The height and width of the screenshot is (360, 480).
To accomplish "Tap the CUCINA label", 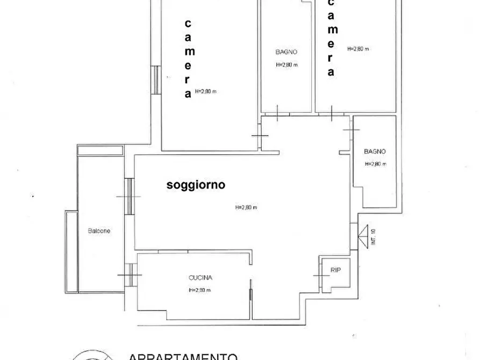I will (200, 278).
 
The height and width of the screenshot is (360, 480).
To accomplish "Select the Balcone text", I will (99, 231).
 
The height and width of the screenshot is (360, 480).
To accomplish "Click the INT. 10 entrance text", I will (373, 237).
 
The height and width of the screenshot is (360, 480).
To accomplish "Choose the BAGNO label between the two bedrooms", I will (286, 52).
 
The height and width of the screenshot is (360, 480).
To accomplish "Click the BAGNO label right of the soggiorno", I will (374, 152).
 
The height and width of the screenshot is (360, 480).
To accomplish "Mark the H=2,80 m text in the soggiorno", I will (246, 208).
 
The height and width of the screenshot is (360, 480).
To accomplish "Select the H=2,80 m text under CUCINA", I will (199, 290).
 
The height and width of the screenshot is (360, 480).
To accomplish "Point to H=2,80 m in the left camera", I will (205, 91).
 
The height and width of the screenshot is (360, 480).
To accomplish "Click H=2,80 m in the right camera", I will (358, 48).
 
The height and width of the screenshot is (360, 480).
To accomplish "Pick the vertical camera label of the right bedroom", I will (331, 38).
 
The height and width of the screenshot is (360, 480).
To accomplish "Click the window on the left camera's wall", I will (155, 80).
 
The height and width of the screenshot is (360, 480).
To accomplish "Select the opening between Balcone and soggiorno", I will (129, 196).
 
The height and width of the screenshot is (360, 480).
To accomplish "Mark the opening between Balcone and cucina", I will (129, 275).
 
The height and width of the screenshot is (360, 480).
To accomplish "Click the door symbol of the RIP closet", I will (323, 275).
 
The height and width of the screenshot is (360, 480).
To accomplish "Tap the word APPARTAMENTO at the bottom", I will (183, 356).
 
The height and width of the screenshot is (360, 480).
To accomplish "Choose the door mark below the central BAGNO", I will (277, 113).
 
